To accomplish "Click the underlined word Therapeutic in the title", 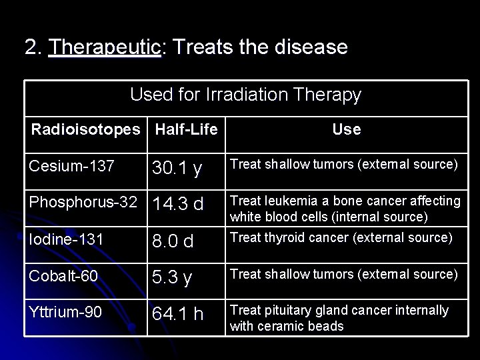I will coord(105,47).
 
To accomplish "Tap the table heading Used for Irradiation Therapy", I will coord(245,95).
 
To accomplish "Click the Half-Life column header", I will coord(186,129).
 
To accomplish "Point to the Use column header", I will coord(346,129).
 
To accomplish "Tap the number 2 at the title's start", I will coord(30,47).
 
